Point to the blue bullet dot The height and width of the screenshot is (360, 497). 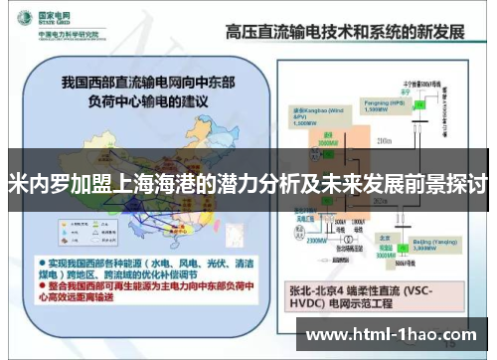pyautogui.click(x=43, y=270)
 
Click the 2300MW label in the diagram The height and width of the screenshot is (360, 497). pyautogui.click(x=317, y=240)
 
